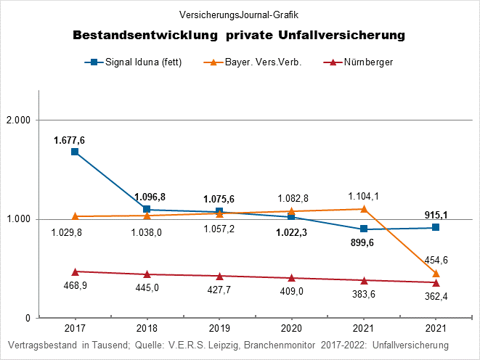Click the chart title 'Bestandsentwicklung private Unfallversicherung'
tap(239, 35)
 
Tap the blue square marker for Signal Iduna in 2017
tap(74, 152)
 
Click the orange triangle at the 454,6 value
tap(436, 274)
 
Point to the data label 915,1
tap(436, 214)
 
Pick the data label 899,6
tap(364, 243)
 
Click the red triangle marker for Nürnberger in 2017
tap(74, 271)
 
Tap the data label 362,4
tap(436, 297)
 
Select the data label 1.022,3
tap(291, 232)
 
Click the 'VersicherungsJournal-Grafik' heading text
tap(239, 14)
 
